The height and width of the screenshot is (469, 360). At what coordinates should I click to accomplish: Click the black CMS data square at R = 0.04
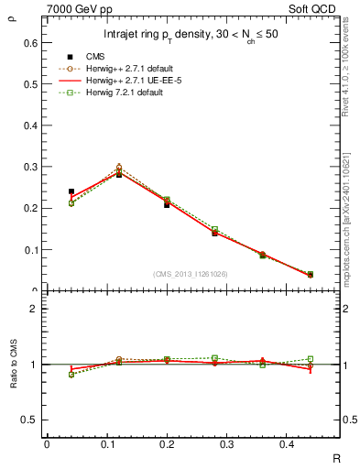[x=71, y=191]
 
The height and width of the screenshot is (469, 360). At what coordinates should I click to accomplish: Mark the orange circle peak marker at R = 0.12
[x=118, y=168]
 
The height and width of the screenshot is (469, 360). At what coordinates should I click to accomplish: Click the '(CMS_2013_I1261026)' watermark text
[x=191, y=275]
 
